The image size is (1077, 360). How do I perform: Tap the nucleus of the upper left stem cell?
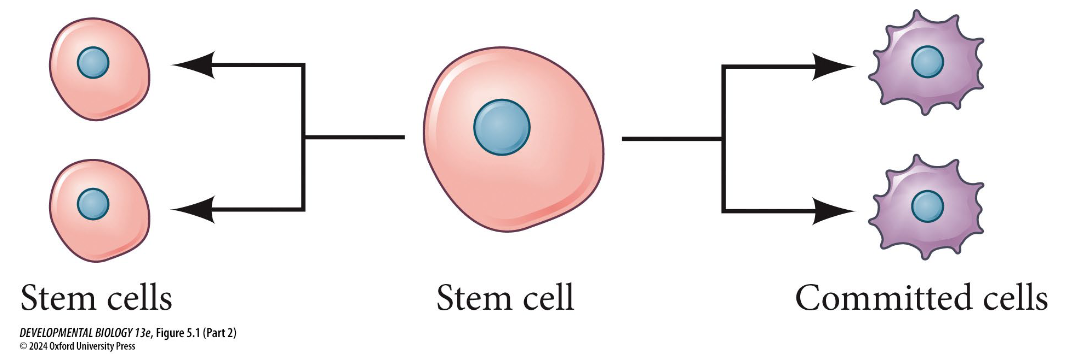[93, 64]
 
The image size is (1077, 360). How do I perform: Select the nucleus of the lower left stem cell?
[93, 204]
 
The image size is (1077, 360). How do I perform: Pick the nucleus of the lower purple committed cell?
[927, 207]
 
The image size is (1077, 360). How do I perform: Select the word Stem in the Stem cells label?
[59, 297]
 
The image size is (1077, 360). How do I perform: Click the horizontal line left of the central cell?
[354, 136]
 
